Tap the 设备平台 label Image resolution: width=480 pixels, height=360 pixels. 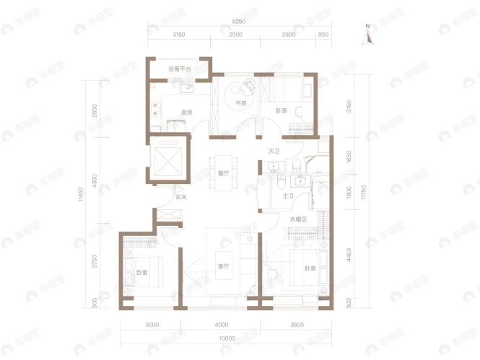coord(180,69)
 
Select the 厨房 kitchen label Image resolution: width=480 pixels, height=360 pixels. coord(186,112)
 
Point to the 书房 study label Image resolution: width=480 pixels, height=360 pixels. coord(241,103)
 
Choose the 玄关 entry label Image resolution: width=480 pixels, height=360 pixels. coord(181,197)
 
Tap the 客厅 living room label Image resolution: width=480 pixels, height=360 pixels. coord(223,266)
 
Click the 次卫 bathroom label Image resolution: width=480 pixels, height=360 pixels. coord(274,152)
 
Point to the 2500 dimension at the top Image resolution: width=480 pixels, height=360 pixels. coord(236,35)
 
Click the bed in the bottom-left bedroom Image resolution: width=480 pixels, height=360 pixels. coord(148,272)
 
